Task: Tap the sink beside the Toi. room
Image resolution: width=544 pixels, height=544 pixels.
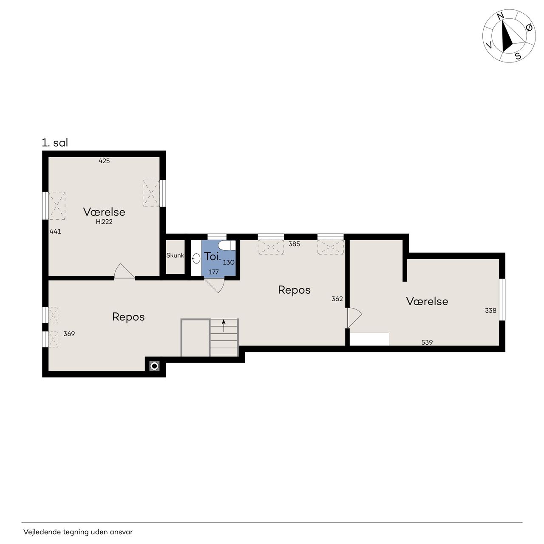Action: (196, 258)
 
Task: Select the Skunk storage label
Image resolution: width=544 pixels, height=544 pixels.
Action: (175, 255)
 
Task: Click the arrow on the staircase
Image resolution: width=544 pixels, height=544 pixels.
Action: (224, 326)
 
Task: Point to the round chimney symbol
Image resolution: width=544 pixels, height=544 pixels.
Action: (154, 366)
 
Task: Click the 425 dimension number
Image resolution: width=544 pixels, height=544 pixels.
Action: (104, 161)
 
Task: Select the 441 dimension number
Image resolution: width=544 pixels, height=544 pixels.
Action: (55, 232)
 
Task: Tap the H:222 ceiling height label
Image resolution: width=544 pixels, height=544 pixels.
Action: (104, 222)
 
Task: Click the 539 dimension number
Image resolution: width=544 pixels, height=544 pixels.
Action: (427, 343)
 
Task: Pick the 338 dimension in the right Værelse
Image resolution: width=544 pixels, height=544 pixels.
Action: (490, 311)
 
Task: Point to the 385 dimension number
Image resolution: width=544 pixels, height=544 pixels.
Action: (294, 244)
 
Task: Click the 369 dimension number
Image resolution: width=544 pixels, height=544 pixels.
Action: (69, 334)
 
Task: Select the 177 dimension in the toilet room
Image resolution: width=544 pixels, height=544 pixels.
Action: (214, 272)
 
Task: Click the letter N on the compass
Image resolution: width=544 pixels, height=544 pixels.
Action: (501, 16)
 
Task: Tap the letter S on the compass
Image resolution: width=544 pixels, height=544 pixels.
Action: (518, 56)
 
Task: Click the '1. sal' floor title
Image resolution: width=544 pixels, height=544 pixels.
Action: (55, 142)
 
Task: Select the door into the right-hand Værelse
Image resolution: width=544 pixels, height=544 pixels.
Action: (354, 318)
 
